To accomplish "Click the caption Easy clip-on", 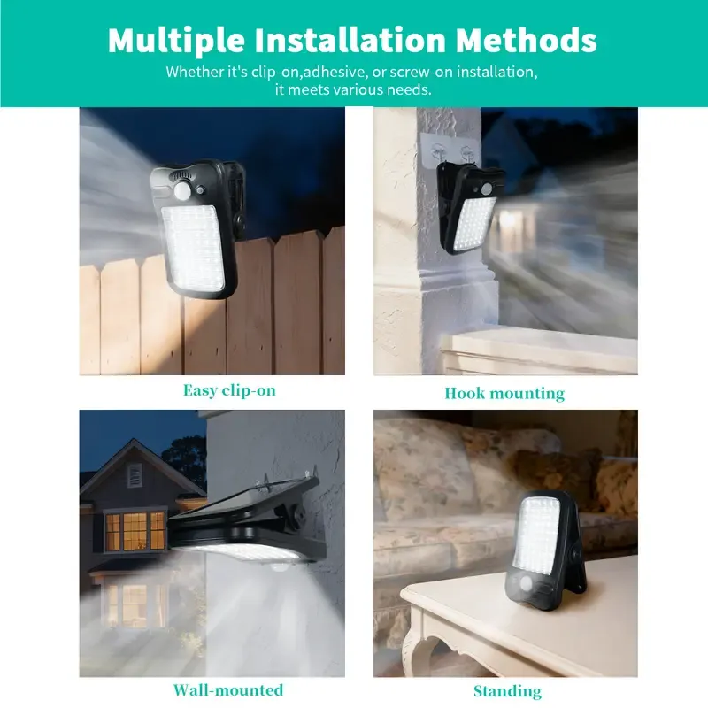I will pos(229,390).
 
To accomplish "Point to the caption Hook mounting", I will pos(504,393).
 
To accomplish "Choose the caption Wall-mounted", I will pos(228,689).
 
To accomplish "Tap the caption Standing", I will pos(507,691).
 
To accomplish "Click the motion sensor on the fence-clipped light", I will pos(185,189).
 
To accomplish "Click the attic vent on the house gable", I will pos(134,476).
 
